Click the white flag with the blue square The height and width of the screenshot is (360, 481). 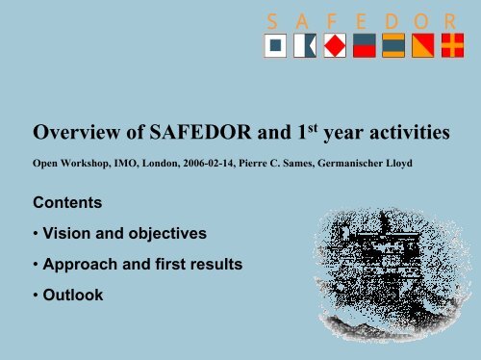tap(277, 45)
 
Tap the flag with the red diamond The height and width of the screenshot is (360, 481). tap(335, 45)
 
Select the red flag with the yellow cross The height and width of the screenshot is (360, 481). tap(450, 45)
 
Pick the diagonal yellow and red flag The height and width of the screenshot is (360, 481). tap(421, 45)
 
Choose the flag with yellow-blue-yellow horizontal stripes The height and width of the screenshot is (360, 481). tap(392, 45)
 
